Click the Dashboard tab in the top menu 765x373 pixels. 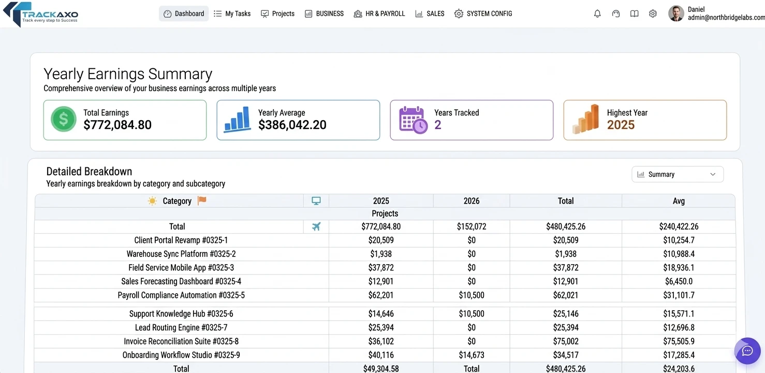[x=184, y=14]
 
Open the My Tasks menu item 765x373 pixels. [x=232, y=14]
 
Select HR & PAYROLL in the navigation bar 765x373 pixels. [x=379, y=14]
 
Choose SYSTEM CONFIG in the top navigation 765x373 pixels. [x=483, y=14]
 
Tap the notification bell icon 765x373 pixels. [x=597, y=14]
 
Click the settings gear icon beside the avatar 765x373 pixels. [x=653, y=14]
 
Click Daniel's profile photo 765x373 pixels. [x=676, y=14]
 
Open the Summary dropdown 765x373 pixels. [x=677, y=175]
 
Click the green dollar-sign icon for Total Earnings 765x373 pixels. [x=64, y=119]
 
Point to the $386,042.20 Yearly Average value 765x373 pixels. [x=292, y=125]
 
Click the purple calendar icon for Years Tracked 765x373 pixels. [x=413, y=120]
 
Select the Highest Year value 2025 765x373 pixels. [x=621, y=125]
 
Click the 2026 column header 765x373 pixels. [x=471, y=201]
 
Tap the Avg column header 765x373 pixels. [x=678, y=201]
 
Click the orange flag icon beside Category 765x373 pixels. [x=202, y=200]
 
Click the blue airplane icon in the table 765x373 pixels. [x=316, y=226]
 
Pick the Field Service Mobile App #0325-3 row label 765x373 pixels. [x=181, y=268]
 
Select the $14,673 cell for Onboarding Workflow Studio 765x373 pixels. [x=471, y=355]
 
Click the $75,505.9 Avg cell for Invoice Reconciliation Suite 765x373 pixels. [x=679, y=341]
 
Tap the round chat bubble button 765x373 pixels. [x=747, y=351]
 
